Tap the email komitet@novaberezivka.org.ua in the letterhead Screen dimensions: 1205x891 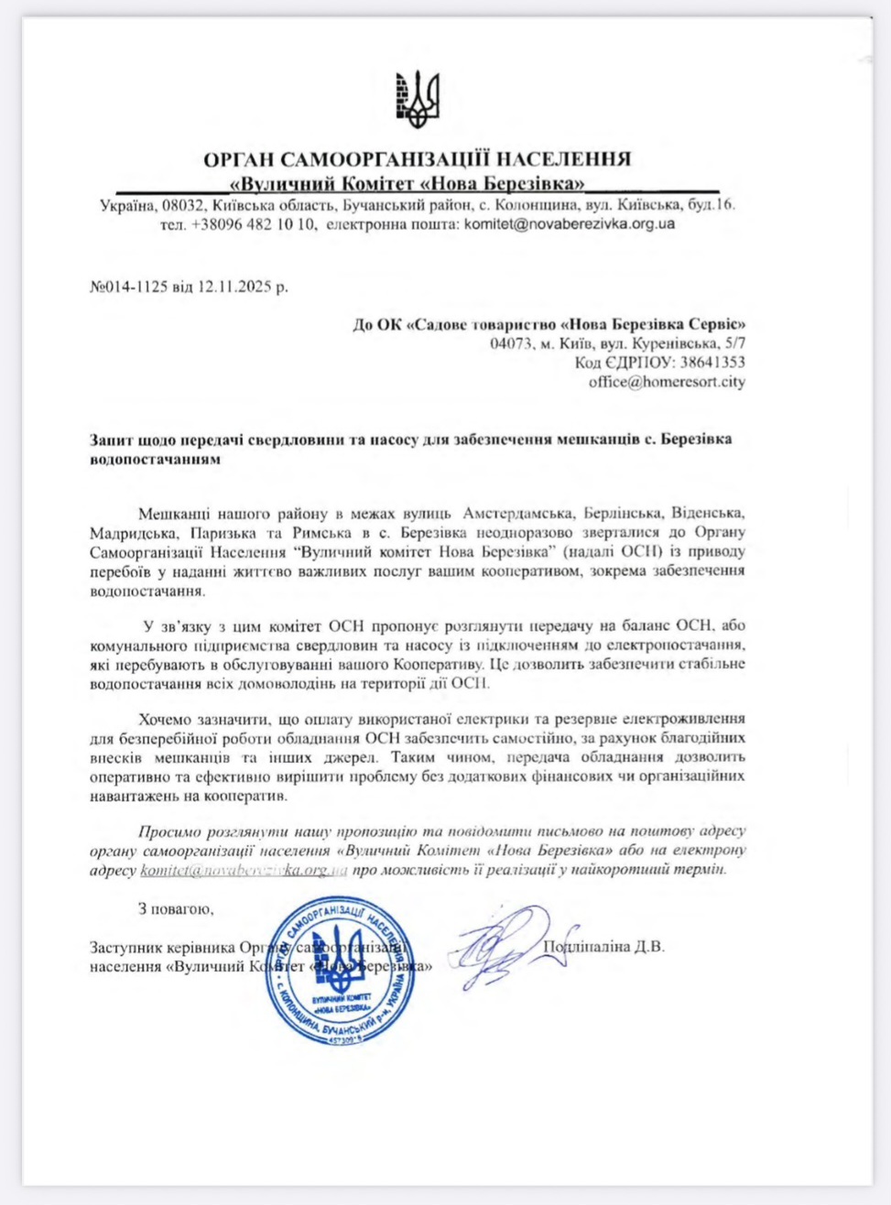click(x=570, y=224)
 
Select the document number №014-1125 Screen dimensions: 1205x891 click(x=129, y=287)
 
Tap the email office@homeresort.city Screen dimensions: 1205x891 click(x=667, y=382)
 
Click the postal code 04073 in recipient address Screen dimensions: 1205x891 click(x=510, y=343)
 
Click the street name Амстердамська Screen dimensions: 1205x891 click(x=517, y=514)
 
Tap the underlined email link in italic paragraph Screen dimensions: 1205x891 click(x=244, y=870)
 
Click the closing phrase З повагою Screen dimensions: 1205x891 click(x=176, y=909)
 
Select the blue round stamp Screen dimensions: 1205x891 click(x=341, y=971)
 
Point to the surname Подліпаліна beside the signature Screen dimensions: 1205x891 click(x=586, y=947)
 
